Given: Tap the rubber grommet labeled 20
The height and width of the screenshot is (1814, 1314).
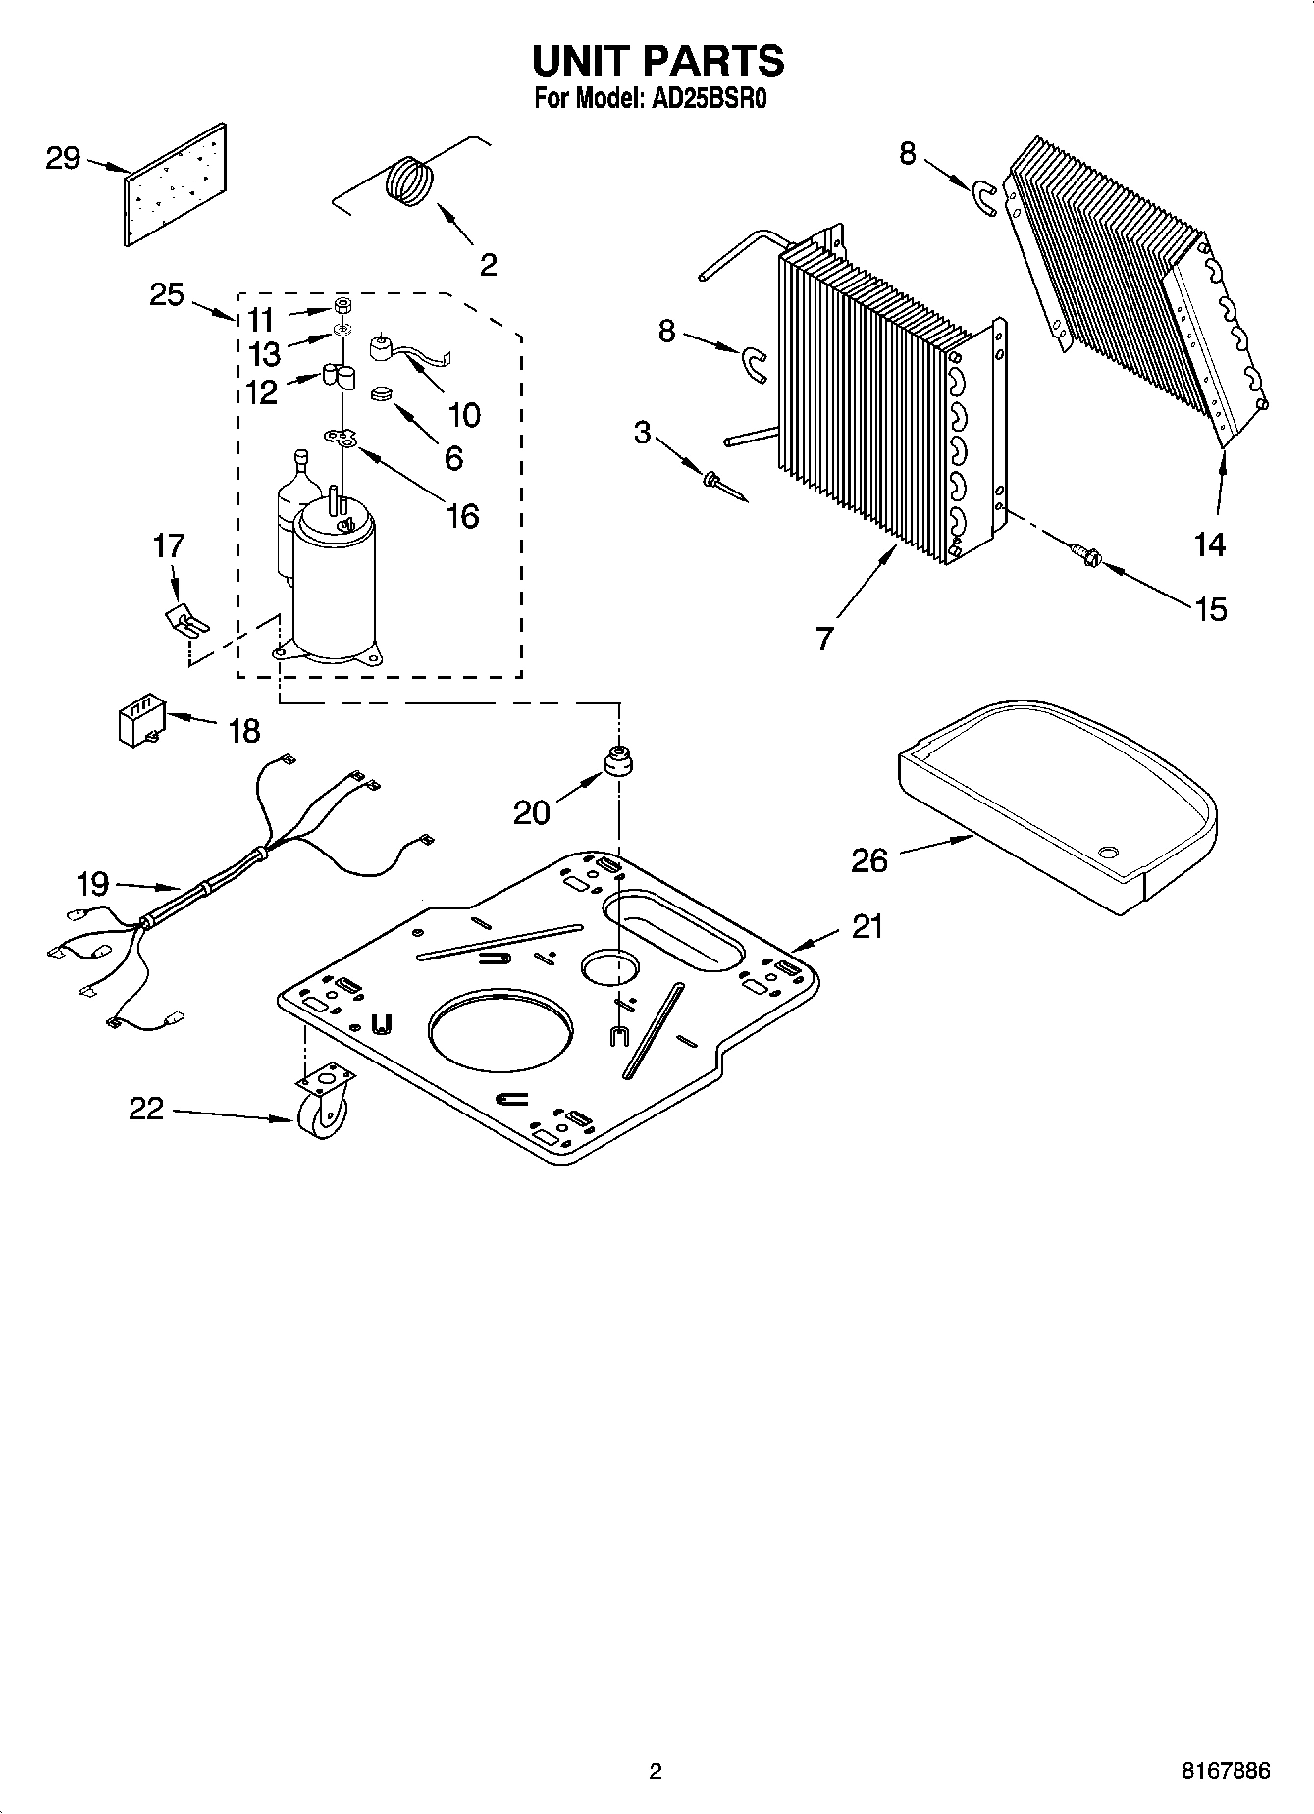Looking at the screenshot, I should coord(618,761).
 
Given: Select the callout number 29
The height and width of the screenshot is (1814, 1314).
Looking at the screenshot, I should coord(63,157).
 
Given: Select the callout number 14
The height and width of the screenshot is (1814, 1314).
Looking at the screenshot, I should coord(1209,544).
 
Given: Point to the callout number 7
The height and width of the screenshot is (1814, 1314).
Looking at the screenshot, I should coord(824,639).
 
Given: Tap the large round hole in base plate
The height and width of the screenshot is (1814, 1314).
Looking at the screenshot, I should coord(500,1030).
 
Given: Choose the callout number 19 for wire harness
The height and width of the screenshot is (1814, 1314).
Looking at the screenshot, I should coord(92,884).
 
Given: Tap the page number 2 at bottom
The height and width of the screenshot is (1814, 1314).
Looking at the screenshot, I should coord(656,1771).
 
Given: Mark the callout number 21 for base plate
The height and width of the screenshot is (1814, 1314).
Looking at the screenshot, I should coord(867,926).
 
